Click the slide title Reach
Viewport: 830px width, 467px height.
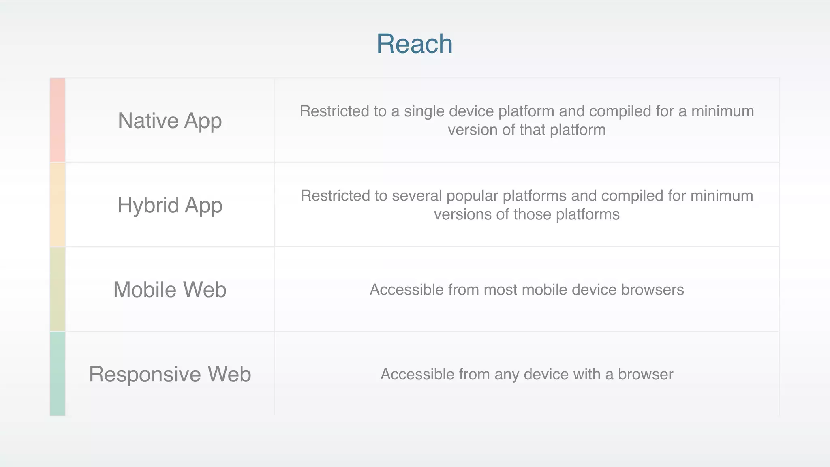414,43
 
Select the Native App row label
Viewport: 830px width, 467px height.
170,121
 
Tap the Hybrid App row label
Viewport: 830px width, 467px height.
170,205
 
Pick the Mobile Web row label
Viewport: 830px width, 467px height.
170,289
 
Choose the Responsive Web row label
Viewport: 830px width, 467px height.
170,374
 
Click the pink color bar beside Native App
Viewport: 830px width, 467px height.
58,120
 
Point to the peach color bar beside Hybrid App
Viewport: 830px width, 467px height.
58,205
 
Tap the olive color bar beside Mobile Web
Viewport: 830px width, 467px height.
58,289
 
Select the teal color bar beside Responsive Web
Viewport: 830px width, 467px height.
58,373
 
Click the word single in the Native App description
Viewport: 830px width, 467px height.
424,111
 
